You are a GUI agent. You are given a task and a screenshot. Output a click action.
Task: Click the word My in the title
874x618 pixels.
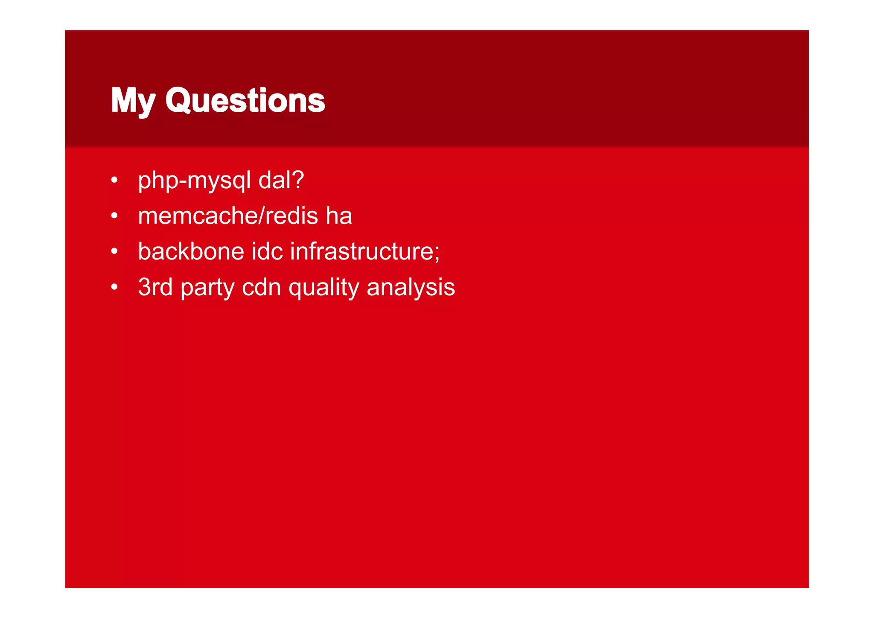133,101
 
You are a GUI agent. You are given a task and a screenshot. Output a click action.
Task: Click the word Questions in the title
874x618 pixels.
245,101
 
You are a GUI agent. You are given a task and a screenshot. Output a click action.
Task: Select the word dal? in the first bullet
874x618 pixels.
281,180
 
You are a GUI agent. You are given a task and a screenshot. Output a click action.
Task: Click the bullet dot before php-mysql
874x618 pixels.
114,181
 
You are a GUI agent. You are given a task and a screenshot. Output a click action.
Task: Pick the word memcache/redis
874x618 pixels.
228,216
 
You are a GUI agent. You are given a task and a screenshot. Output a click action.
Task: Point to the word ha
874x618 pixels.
339,216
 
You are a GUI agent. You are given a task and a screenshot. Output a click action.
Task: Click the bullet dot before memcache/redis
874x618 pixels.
114,216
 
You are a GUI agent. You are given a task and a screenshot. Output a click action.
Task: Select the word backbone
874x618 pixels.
191,251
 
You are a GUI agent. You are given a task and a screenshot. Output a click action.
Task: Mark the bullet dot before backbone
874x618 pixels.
114,252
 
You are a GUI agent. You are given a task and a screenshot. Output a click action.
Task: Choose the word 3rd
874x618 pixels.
155,287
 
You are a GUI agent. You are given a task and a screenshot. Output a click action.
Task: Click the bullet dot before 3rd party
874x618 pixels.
114,288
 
